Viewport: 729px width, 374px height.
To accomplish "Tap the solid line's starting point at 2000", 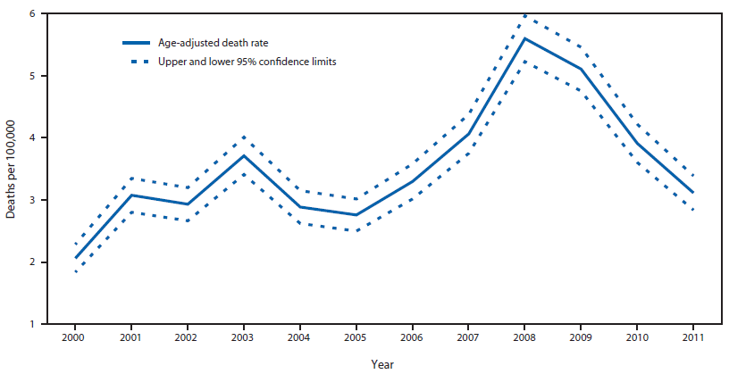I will pyautogui.click(x=76, y=257).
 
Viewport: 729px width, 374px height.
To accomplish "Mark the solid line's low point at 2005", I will pyautogui.click(x=355, y=214).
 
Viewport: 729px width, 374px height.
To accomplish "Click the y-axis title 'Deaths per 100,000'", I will pyautogui.click(x=11, y=169).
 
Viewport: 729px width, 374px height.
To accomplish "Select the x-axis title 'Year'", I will pyautogui.click(x=381, y=363).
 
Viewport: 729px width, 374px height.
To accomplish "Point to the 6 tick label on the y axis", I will pyautogui.click(x=31, y=14).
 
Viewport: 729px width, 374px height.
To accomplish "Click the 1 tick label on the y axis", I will pyautogui.click(x=31, y=324).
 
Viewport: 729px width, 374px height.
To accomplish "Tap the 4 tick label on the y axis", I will pyautogui.click(x=31, y=138).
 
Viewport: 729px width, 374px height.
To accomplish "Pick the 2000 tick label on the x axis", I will pyautogui.click(x=76, y=339).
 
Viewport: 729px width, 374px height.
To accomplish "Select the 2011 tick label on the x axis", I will pyautogui.click(x=691, y=339).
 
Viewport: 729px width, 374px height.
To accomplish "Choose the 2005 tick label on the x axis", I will pyautogui.click(x=355, y=339).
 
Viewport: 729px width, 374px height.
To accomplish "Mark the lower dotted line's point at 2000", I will pyautogui.click(x=76, y=271).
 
